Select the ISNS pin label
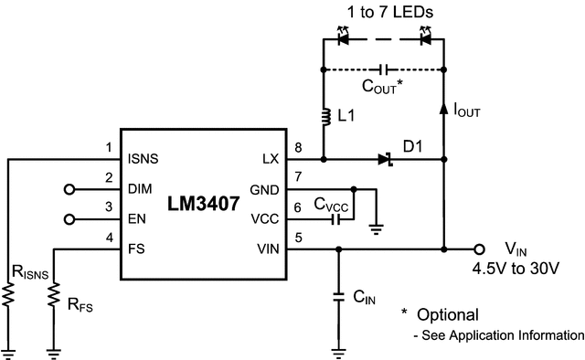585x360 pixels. pyautogui.click(x=144, y=158)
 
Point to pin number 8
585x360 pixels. pyautogui.click(x=297, y=148)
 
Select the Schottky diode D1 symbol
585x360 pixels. pyautogui.click(x=385, y=159)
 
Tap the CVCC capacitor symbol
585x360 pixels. pyautogui.click(x=336, y=218)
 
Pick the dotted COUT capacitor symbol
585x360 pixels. pyautogui.click(x=383, y=69)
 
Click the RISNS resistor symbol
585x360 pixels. pyautogui.click(x=7, y=294)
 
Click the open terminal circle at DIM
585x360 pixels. pyautogui.click(x=68, y=190)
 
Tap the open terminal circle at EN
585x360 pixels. pyautogui.click(x=68, y=219)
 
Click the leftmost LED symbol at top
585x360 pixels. pyautogui.click(x=342, y=39)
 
